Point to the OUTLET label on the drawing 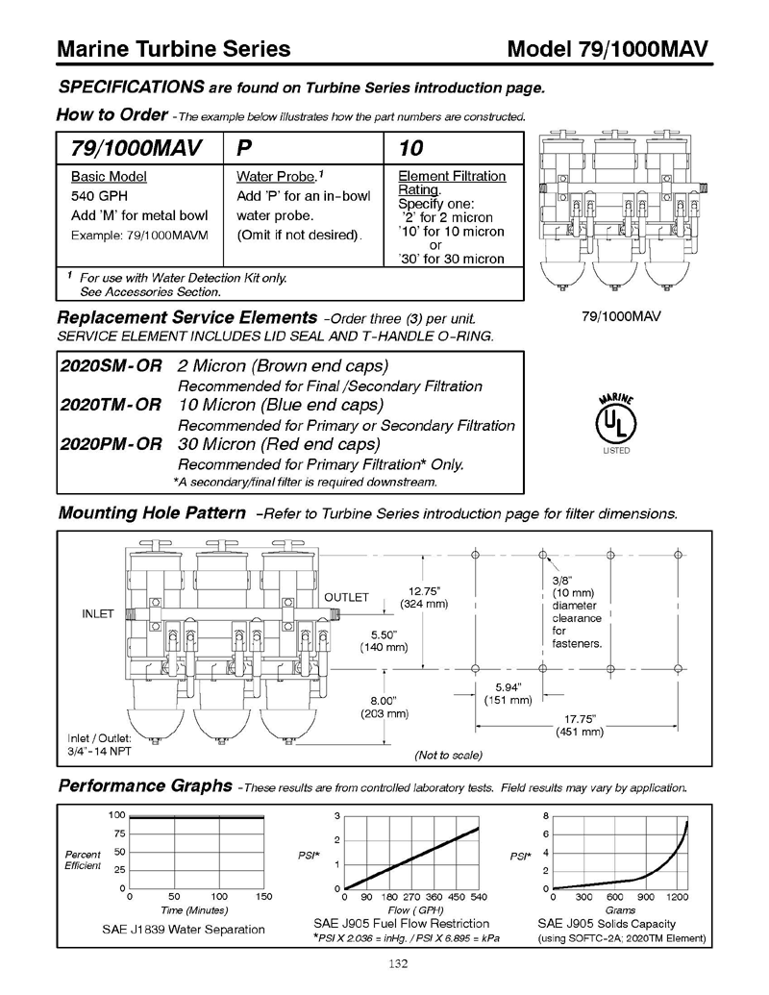click(x=347, y=597)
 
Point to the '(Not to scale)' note click(x=448, y=755)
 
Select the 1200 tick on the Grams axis click(x=677, y=897)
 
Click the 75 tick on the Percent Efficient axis click(x=119, y=833)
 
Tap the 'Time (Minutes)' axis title click(x=194, y=909)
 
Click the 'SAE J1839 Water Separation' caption click(x=184, y=930)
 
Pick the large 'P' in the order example click(x=244, y=149)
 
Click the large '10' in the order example click(x=410, y=149)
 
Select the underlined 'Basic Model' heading click(x=109, y=177)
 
